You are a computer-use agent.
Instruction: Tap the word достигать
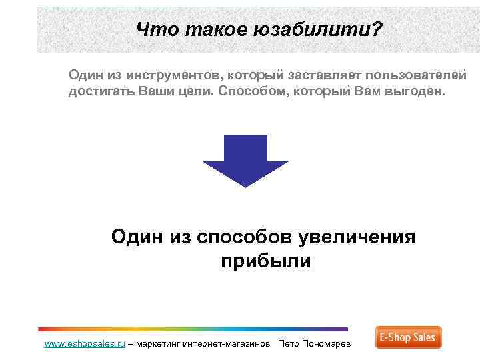(x=101, y=91)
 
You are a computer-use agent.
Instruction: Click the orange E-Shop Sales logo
(x=408, y=337)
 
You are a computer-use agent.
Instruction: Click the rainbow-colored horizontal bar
(x=193, y=329)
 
